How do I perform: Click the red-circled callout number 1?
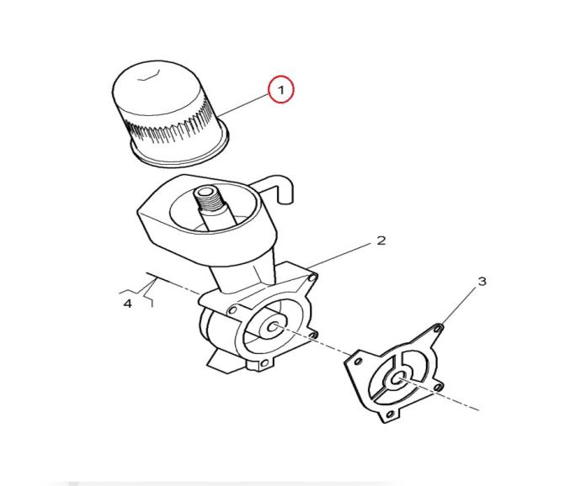pyautogui.click(x=281, y=89)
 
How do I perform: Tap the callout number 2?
pyautogui.click(x=381, y=240)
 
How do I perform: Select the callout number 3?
pyautogui.click(x=482, y=281)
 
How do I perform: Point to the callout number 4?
pyautogui.click(x=128, y=304)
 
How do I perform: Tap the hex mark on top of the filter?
pyautogui.click(x=149, y=77)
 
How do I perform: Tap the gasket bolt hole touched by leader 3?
pyautogui.click(x=439, y=328)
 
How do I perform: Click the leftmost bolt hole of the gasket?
pyautogui.click(x=358, y=361)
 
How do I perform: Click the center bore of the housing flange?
pyautogui.click(x=273, y=326)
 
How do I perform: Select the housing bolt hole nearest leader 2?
pyautogui.click(x=312, y=278)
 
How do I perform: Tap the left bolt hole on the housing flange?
pyautogui.click(x=233, y=309)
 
